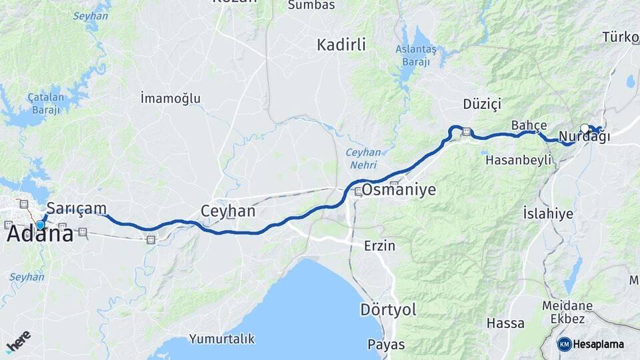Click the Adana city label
[40, 235]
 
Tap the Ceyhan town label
[228, 211]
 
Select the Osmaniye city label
[399, 190]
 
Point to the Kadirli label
[341, 45]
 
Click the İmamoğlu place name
[171, 99]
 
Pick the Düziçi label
[481, 104]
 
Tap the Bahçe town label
[529, 125]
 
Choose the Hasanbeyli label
[519, 160]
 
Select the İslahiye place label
[548, 214]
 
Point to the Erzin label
[379, 246]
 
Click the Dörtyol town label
[388, 310]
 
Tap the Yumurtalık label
[222, 339]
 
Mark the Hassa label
[505, 323]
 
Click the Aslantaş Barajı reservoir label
[415, 55]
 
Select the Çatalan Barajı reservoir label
[44, 103]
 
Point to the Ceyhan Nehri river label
[363, 158]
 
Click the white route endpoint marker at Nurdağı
[585, 129]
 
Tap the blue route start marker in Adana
[40, 225]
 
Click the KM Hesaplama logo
[591, 344]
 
